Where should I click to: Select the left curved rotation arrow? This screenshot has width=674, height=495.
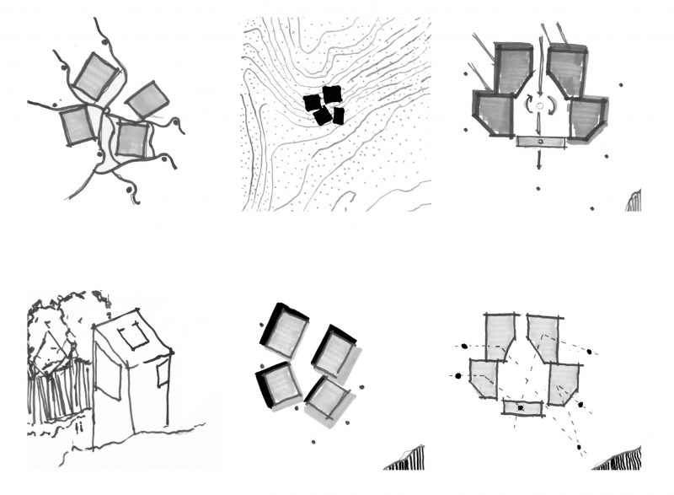pyautogui.click(x=527, y=106)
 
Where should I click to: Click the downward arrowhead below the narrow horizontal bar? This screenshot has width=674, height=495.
pyautogui.click(x=538, y=166)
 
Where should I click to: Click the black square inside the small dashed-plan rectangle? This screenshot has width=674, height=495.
pyautogui.click(x=522, y=408)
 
